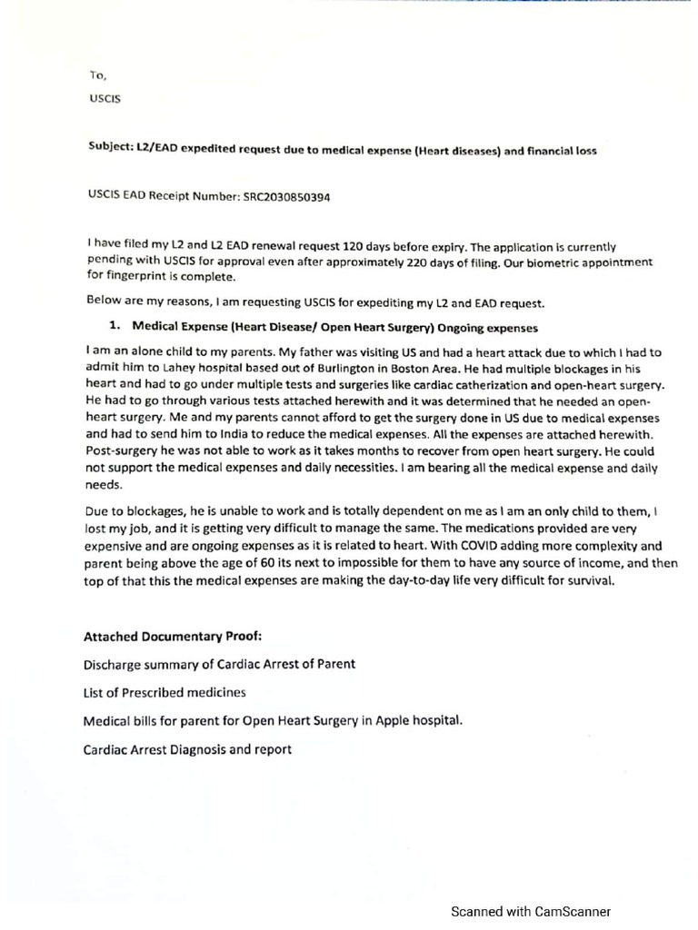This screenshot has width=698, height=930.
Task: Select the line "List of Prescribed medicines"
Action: pyautogui.click(x=165, y=693)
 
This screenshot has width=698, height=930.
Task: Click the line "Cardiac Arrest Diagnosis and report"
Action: pyautogui.click(x=187, y=750)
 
